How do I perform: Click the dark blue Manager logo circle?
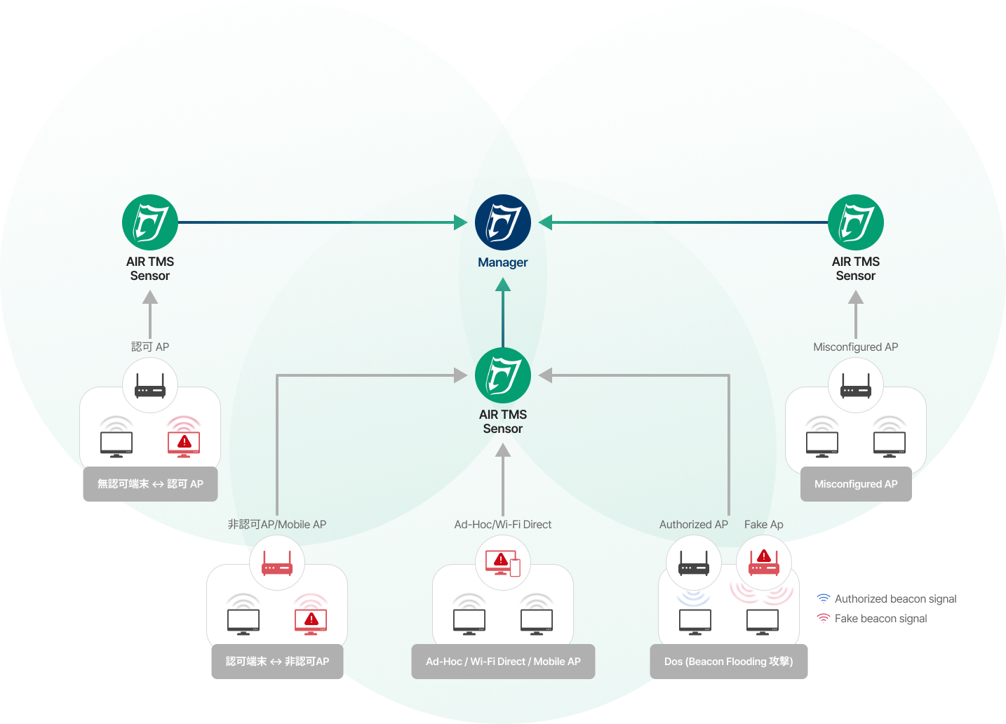[x=502, y=222]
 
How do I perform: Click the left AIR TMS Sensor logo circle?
[x=150, y=222]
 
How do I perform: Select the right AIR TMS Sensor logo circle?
[x=855, y=222]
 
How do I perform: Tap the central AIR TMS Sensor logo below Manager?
[x=502, y=375]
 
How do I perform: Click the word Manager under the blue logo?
[x=502, y=262]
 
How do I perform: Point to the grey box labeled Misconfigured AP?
[x=856, y=484]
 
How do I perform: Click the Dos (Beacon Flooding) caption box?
[x=728, y=662]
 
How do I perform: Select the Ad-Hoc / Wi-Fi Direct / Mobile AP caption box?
[x=503, y=662]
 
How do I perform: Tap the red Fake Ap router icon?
[x=764, y=562]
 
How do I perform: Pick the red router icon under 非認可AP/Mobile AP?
[x=277, y=563]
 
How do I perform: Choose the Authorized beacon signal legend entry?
[x=887, y=598]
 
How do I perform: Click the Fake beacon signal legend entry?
[x=873, y=618]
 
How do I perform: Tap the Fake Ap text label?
[x=763, y=524]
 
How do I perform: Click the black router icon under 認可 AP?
[x=150, y=385]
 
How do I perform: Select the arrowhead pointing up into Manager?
[x=502, y=284]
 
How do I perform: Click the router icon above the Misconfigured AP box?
[x=855, y=385]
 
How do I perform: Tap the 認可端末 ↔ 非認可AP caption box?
[x=277, y=662]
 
